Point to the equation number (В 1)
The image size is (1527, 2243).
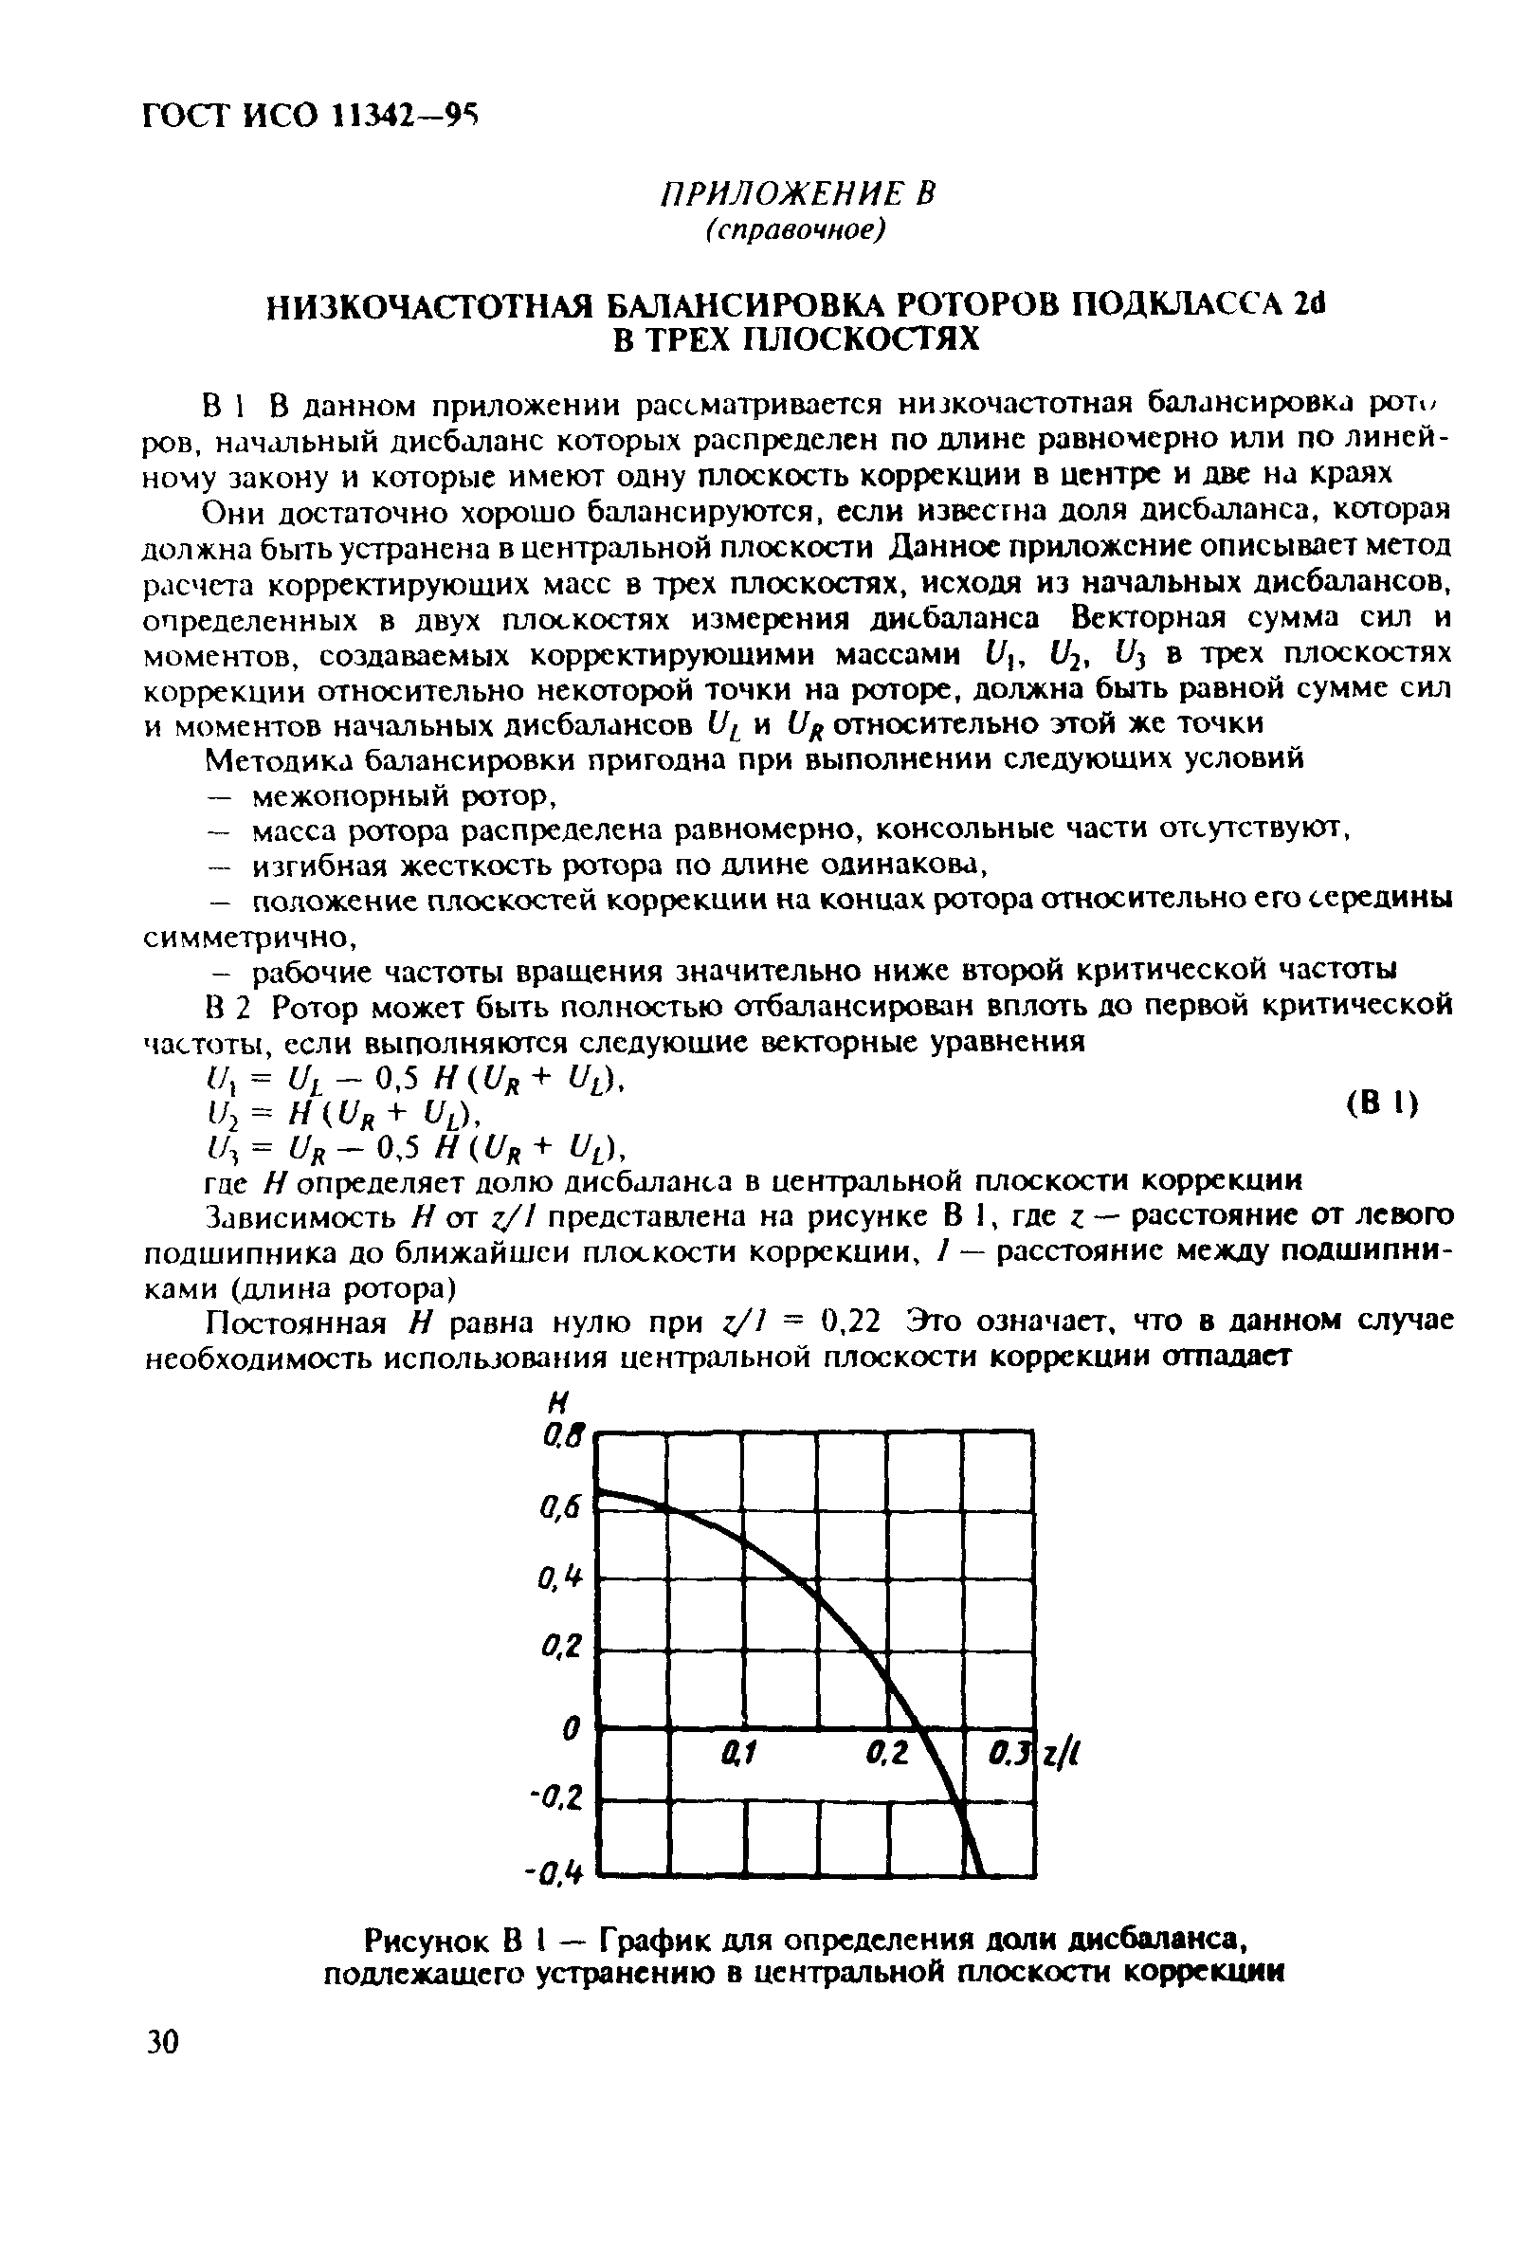pyautogui.click(x=1381, y=1103)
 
